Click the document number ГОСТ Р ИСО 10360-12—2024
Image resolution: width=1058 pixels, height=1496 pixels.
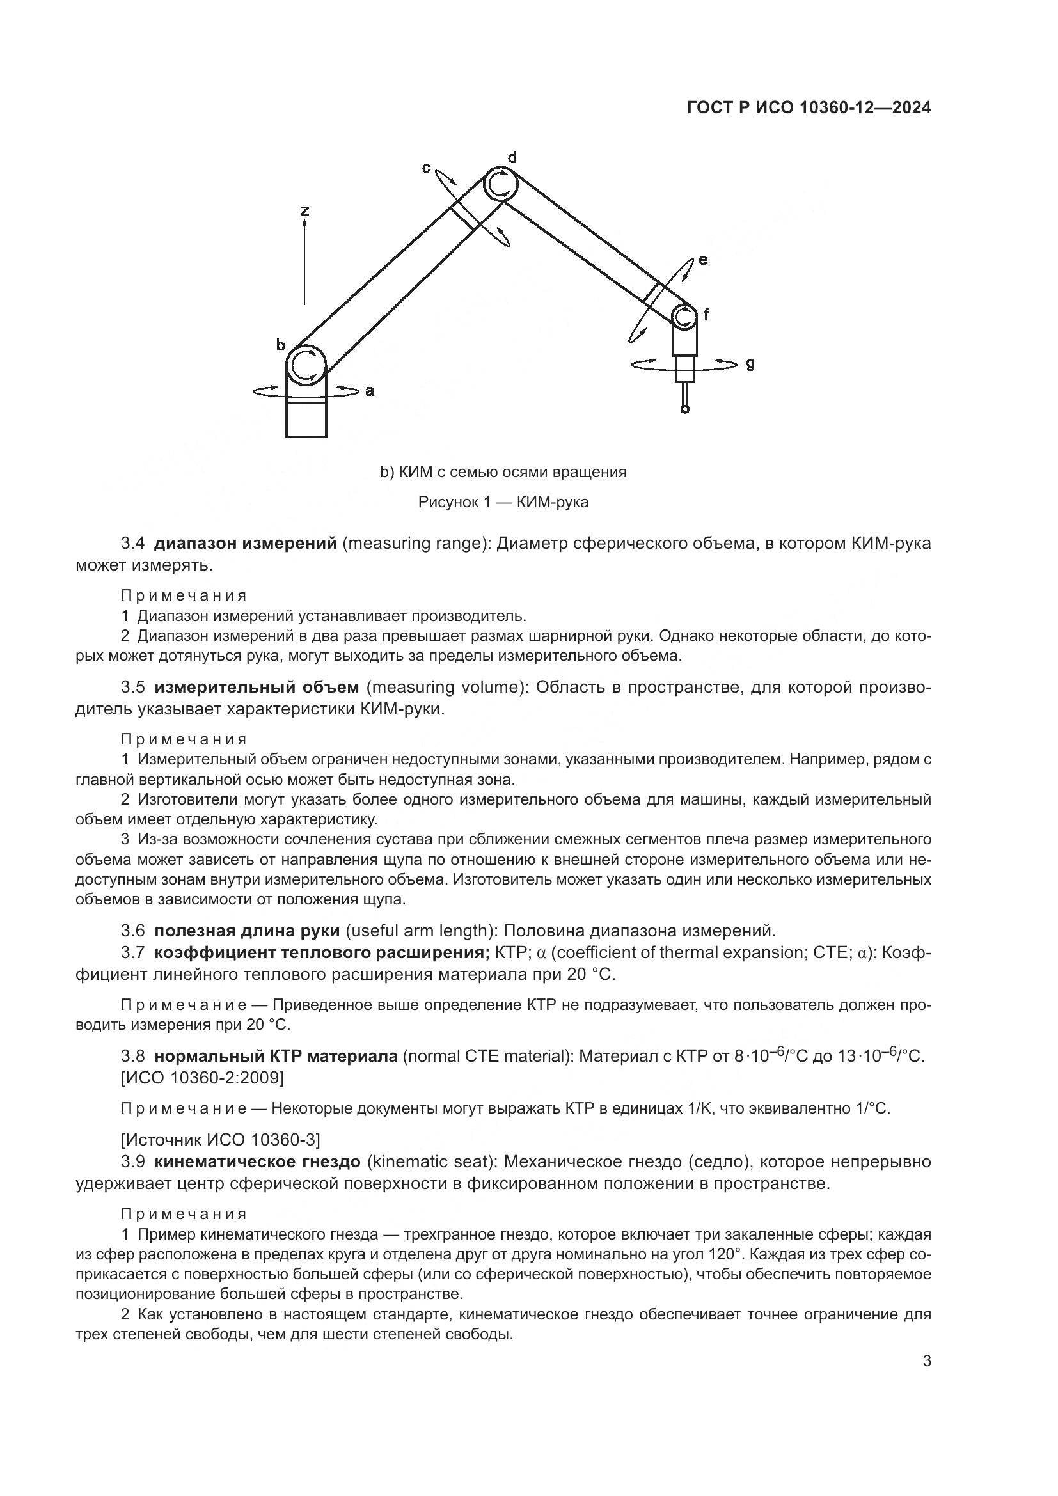[809, 108]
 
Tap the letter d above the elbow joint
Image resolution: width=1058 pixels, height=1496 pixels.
[512, 157]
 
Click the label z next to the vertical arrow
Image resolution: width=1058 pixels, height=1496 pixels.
[304, 210]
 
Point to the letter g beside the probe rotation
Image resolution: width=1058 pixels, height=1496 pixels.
[750, 363]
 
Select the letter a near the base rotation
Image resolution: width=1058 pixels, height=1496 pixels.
[369, 391]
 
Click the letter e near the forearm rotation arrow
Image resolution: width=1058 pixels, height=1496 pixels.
[702, 260]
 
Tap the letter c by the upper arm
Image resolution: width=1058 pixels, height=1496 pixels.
[426, 168]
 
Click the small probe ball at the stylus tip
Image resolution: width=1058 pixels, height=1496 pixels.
[684, 409]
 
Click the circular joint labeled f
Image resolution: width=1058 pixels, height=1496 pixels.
[684, 317]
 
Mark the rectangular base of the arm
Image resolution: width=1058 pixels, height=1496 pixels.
[306, 420]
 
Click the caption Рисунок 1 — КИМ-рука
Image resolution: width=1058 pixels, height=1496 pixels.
[503, 501]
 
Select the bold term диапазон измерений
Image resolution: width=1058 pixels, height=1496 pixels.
[246, 543]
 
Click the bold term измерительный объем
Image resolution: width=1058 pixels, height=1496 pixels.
[256, 687]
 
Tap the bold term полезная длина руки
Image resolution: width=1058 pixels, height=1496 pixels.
[247, 931]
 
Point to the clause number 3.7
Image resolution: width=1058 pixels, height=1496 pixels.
[132, 952]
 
